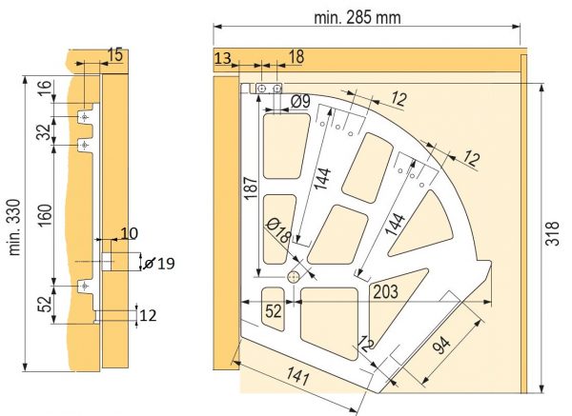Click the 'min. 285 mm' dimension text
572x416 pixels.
(357, 17)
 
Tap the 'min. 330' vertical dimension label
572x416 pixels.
(14, 228)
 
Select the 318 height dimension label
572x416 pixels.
(552, 233)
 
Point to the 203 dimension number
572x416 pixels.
(385, 291)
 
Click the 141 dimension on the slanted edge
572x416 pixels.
(298, 376)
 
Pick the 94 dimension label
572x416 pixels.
(441, 345)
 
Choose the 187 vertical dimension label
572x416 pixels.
(251, 188)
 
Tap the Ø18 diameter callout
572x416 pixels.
(278, 230)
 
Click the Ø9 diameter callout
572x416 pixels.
(300, 101)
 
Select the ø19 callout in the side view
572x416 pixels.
(159, 263)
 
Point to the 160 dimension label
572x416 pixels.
(45, 215)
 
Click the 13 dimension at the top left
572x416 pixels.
(222, 58)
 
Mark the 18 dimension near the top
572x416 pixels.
(296, 56)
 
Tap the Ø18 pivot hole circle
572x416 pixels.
(294, 278)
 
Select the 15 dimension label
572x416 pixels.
(115, 54)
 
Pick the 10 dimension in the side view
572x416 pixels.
(129, 233)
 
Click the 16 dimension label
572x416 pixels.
(44, 89)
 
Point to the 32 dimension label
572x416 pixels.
(44, 131)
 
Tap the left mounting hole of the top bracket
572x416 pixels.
(261, 89)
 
